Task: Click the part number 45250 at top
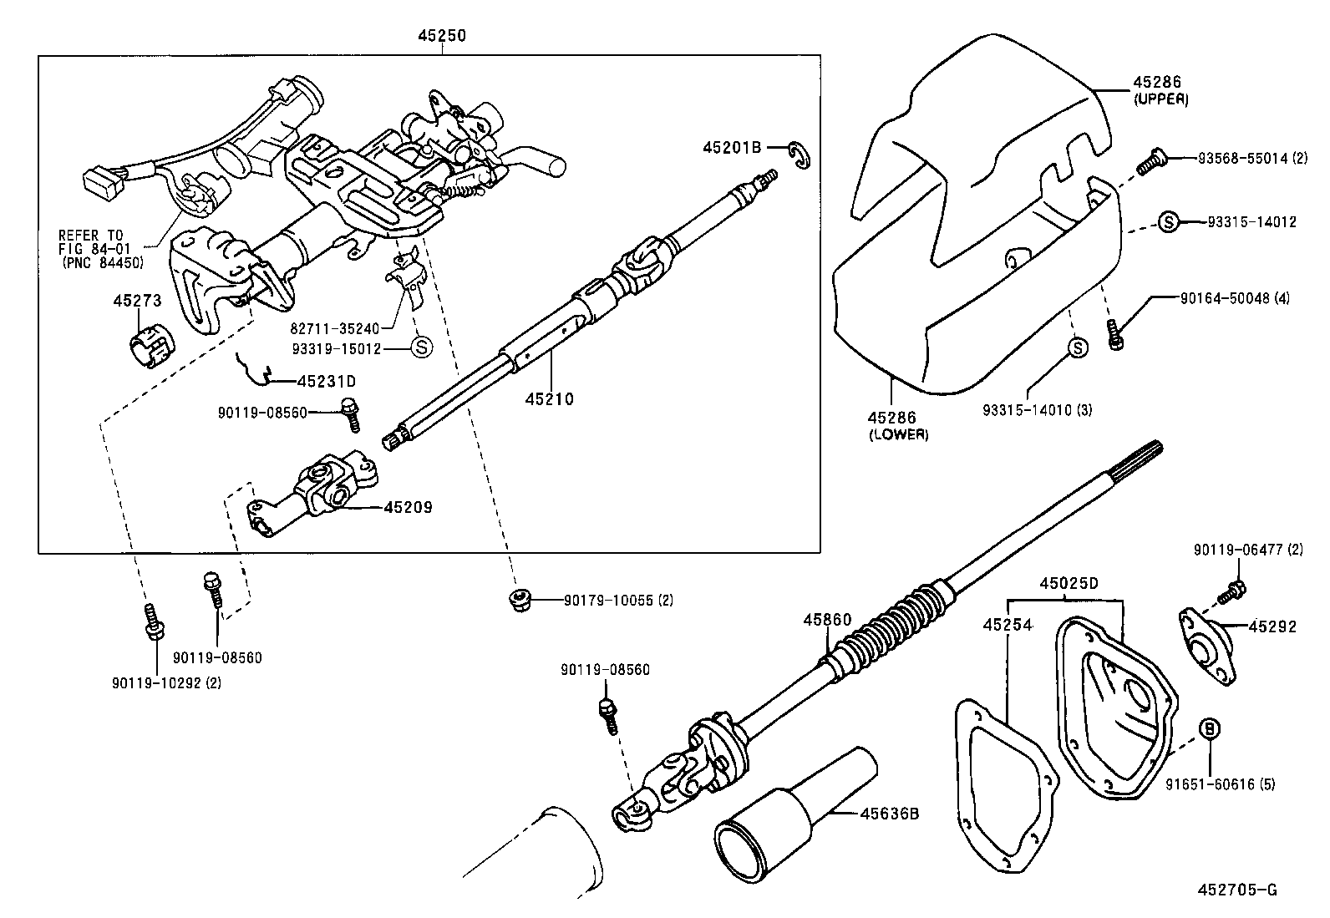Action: pyautogui.click(x=442, y=36)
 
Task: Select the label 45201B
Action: pyautogui.click(x=732, y=147)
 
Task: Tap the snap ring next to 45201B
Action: pyautogui.click(x=801, y=155)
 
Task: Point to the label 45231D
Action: pyautogui.click(x=327, y=381)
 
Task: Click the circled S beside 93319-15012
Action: pyautogui.click(x=422, y=347)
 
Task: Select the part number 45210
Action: pyautogui.click(x=550, y=399)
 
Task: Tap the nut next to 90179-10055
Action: pyautogui.click(x=520, y=600)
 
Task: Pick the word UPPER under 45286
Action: pyautogui.click(x=1161, y=99)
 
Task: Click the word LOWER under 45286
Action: pyautogui.click(x=899, y=434)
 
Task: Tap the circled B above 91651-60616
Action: pyautogui.click(x=1210, y=728)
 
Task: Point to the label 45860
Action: pyautogui.click(x=827, y=620)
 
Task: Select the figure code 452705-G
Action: pyautogui.click(x=1241, y=890)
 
